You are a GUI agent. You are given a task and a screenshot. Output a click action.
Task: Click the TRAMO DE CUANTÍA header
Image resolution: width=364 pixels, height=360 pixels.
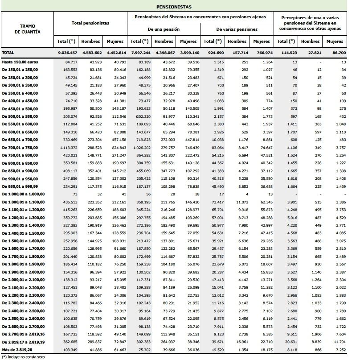[x=27, y=29]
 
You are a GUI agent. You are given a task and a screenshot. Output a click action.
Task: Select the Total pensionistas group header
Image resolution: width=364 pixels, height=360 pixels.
[x=90, y=22]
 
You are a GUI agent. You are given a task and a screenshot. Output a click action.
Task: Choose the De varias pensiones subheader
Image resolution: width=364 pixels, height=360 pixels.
[x=237, y=29]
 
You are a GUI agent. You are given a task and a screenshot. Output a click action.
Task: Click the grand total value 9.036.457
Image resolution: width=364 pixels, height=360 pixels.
[x=68, y=53]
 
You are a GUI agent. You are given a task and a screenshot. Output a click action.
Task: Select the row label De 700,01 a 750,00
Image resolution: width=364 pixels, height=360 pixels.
[x=20, y=147]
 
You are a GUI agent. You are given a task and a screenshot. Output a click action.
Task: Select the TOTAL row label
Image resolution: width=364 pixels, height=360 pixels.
[x=8, y=53]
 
